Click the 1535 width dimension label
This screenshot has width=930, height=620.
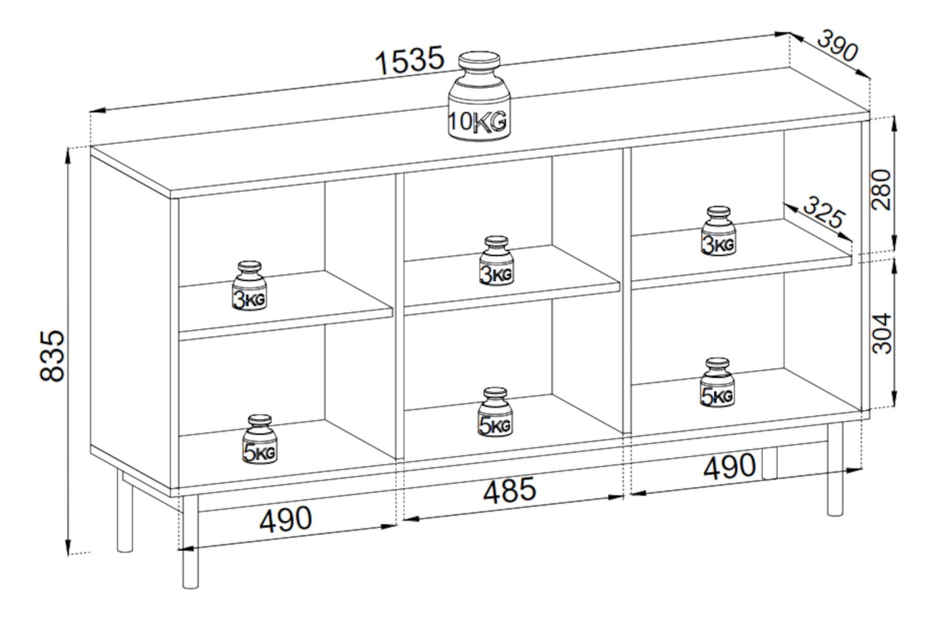[x=409, y=61]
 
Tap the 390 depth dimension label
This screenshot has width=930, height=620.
[x=837, y=45]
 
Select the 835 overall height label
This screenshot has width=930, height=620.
[x=52, y=355]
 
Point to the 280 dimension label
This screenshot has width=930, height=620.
[x=881, y=189]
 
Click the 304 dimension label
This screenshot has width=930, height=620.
[x=881, y=333]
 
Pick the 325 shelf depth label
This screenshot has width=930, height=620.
[x=824, y=212]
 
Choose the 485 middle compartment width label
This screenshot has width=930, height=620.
[x=510, y=490]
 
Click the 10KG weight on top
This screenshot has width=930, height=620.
[x=479, y=96]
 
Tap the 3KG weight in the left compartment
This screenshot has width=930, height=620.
[x=249, y=286]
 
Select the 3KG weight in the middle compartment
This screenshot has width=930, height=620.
[x=496, y=261]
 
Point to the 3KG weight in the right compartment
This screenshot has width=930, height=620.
[x=718, y=231]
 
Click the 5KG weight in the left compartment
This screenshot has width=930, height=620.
[x=260, y=439]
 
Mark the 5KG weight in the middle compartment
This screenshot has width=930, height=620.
[x=495, y=412]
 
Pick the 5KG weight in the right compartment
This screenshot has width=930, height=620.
[x=717, y=382]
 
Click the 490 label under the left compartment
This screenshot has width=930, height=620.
[x=286, y=519]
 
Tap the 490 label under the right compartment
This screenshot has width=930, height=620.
[x=730, y=466]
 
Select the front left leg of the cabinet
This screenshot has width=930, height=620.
[x=190, y=541]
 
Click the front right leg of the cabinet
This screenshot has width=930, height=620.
[x=835, y=469]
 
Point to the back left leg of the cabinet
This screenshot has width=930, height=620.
[x=125, y=511]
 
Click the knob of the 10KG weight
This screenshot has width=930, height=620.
[x=479, y=61]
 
